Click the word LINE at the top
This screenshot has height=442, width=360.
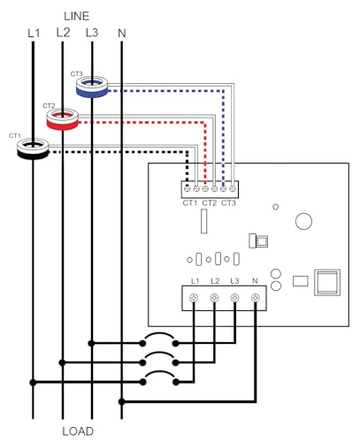coord(77,16)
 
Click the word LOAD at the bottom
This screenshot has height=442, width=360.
coord(78,431)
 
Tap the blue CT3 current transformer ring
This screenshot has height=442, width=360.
coord(92,87)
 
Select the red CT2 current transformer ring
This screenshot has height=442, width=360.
coord(63,119)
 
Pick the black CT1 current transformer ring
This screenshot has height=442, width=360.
coord(33,149)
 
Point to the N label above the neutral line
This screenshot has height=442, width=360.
coord(122,33)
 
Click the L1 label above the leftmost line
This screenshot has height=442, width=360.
coord(34,33)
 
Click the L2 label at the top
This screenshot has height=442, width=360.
coord(63,32)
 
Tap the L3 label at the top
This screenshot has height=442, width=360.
coord(92,33)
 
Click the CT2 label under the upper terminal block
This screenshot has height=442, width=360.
coord(210,203)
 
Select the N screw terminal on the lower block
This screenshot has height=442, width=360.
coord(255,298)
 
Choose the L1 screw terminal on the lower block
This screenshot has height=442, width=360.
coord(194,298)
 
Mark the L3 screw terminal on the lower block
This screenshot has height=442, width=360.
coord(234,298)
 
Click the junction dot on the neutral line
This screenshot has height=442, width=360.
coord(121,401)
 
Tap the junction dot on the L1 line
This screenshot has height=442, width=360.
coord(33,382)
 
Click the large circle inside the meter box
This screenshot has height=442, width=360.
coord(303,221)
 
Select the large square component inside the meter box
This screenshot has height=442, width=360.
coord(327,282)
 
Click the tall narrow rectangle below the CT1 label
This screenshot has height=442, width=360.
coord(203,221)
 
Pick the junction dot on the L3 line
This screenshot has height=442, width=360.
coord(92,343)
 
